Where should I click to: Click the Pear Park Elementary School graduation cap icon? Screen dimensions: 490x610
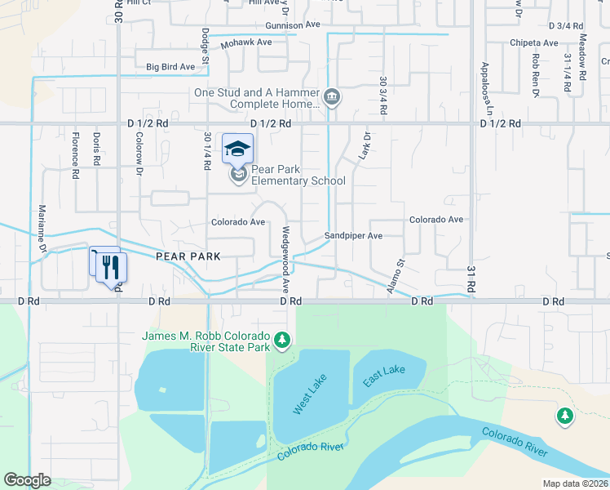(237, 149)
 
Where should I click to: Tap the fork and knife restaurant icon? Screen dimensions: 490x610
(112, 266)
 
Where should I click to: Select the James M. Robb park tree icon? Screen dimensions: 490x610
(282, 339)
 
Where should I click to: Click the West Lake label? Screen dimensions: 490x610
(303, 394)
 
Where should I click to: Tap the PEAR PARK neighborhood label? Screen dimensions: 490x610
(189, 256)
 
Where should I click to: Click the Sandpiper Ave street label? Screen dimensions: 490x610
(353, 235)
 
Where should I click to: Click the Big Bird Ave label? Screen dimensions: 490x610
(170, 67)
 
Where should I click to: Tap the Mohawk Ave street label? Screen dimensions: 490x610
(245, 42)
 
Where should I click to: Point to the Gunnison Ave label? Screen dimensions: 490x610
(292, 25)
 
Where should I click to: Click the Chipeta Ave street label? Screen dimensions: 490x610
(534, 42)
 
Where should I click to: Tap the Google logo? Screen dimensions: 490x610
(27, 480)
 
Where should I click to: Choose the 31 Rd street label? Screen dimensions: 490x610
(471, 278)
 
